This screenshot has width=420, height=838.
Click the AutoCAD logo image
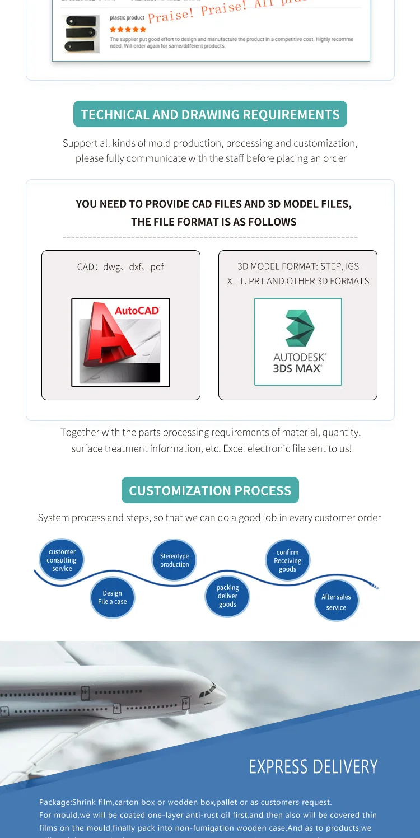[x=120, y=342]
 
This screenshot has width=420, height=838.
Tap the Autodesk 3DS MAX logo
[x=298, y=341]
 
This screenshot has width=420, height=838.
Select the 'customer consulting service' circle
[x=62, y=560]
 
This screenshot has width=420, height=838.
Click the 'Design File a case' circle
[x=113, y=597]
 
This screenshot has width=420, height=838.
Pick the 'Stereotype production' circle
[x=175, y=560]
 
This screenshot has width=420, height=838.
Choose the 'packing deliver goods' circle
[x=227, y=596]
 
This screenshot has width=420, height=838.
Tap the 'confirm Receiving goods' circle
[x=287, y=560]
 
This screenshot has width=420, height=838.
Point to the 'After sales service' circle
[x=336, y=602]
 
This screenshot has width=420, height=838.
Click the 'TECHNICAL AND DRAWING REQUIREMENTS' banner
[x=210, y=114]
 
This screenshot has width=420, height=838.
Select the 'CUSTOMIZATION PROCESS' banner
[x=210, y=490]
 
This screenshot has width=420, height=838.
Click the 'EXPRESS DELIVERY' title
[x=313, y=766]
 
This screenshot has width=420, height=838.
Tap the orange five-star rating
[x=128, y=29]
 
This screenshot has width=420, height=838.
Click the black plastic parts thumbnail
[x=82, y=34]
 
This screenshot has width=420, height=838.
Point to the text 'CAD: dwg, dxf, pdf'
[x=120, y=267]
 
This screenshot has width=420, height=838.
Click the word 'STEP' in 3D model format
[x=330, y=266]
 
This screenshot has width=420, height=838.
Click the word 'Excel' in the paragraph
[x=266, y=448]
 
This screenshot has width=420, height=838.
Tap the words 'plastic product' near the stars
[x=127, y=18]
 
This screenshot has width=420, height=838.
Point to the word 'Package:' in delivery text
[x=55, y=803]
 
